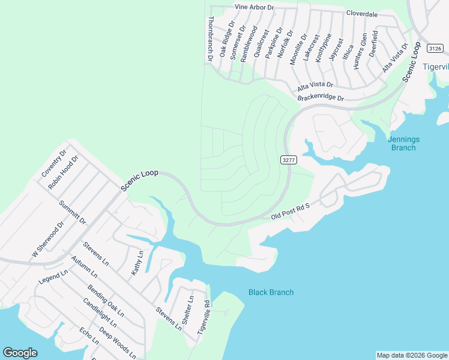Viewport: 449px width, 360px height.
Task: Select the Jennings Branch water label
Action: pyautogui.click(x=403, y=143)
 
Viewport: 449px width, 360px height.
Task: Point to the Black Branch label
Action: pyautogui.click(x=271, y=292)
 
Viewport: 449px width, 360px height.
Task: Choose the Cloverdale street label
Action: pyautogui.click(x=362, y=13)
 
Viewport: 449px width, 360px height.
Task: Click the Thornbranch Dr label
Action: pyautogui.click(x=210, y=40)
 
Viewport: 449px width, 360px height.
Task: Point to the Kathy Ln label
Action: pyautogui.click(x=137, y=264)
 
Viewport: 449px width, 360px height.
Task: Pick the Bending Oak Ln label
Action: pyautogui.click(x=105, y=301)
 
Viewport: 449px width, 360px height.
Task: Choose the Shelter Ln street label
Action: pyautogui.click(x=187, y=310)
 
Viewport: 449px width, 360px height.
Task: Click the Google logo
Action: pyautogui.click(x=20, y=353)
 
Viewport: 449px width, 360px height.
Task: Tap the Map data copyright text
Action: pyautogui.click(x=412, y=355)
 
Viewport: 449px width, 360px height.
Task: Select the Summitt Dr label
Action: pyautogui.click(x=73, y=212)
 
